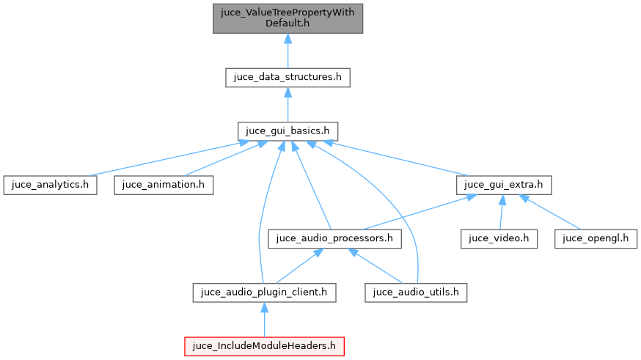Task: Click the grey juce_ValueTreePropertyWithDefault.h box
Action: [287, 18]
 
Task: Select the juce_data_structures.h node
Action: [287, 78]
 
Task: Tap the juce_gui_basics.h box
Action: [287, 131]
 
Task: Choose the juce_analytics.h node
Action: [50, 185]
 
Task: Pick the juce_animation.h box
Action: [164, 185]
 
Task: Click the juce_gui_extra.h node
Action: [503, 185]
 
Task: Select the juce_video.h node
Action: [499, 238]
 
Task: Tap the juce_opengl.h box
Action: [596, 238]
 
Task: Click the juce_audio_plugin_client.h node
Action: [264, 292]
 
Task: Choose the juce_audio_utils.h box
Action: [417, 292]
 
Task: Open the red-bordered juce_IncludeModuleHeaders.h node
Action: [264, 345]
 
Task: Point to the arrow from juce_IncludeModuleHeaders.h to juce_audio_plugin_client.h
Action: [264, 320]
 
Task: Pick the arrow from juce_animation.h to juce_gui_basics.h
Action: [220, 159]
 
